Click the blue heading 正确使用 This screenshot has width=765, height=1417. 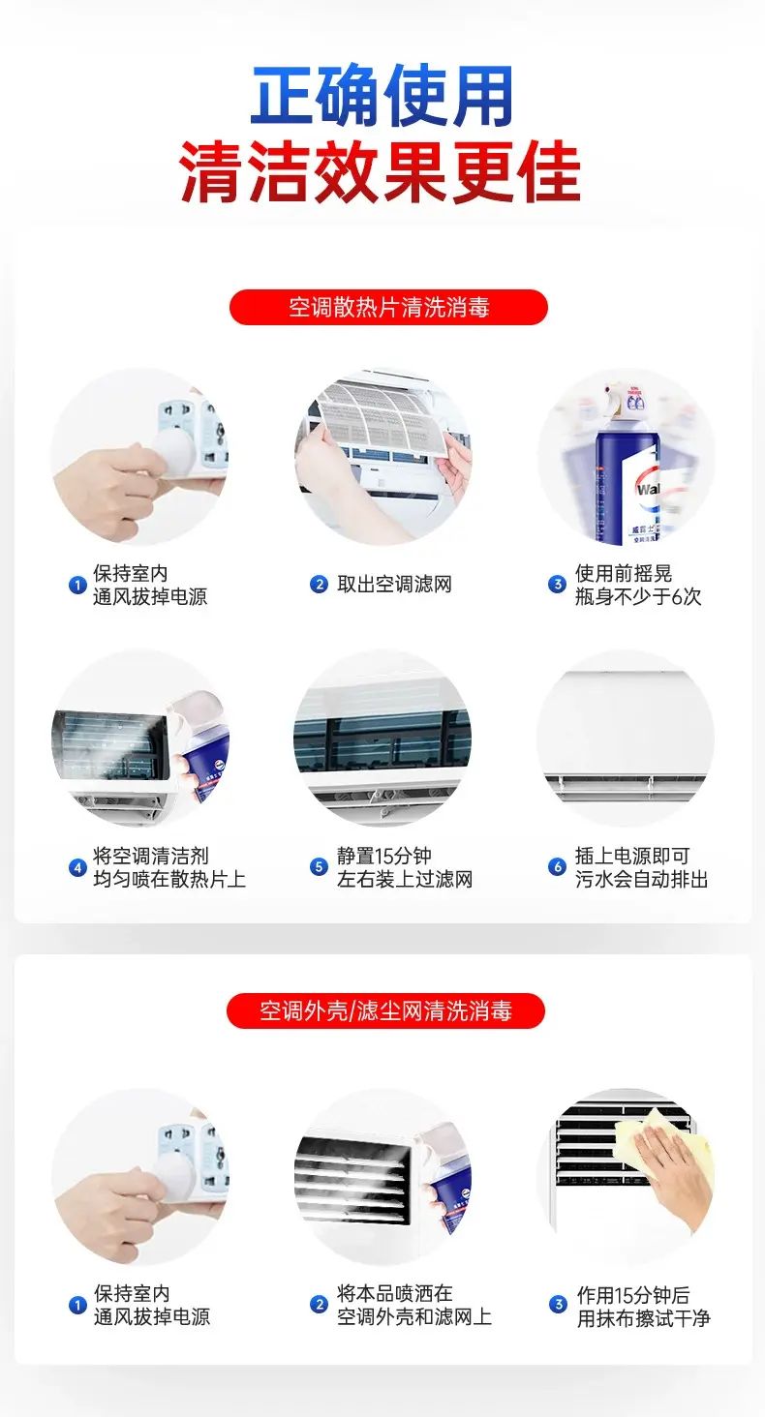click(382, 96)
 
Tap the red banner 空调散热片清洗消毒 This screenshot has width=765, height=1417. click(388, 308)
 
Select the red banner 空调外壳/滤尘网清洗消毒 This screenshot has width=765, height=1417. click(385, 1010)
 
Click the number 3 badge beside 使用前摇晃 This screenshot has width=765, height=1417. click(557, 585)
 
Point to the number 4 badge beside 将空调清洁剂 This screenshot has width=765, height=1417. click(77, 867)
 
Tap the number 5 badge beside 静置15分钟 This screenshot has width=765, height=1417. click(319, 866)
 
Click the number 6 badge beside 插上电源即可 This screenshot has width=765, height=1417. click(557, 866)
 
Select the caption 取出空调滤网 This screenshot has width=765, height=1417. click(394, 585)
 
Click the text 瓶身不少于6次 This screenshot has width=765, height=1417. click(638, 596)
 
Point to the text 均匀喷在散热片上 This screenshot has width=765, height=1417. click(168, 879)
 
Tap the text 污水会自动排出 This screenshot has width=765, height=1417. click(641, 879)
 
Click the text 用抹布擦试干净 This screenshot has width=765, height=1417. click(644, 1317)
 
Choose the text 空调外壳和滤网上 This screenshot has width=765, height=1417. click(413, 1316)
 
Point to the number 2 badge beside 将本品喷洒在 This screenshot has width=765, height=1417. click(319, 1305)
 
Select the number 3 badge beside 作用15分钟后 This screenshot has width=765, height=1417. click(558, 1305)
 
